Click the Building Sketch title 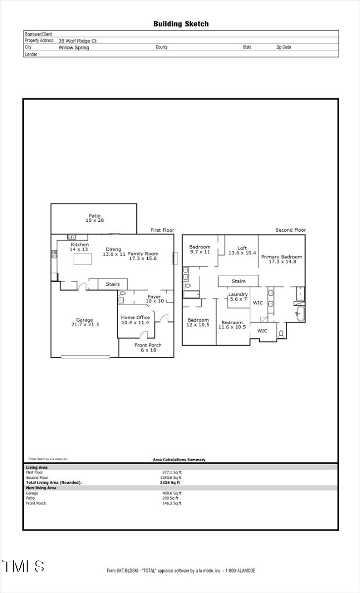coord(180,24)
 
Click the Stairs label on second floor coord(239,281)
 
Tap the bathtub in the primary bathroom coord(300,314)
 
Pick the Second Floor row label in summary coord(38,477)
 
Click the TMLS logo coord(23,566)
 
